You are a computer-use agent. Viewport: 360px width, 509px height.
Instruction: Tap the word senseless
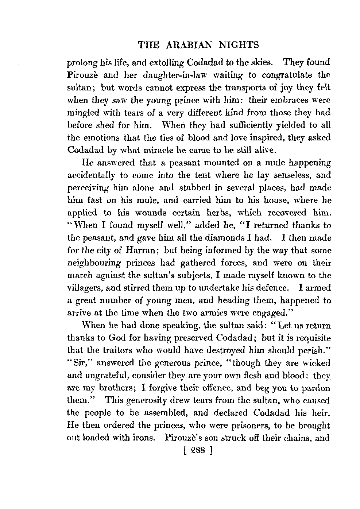[x=293, y=175]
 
